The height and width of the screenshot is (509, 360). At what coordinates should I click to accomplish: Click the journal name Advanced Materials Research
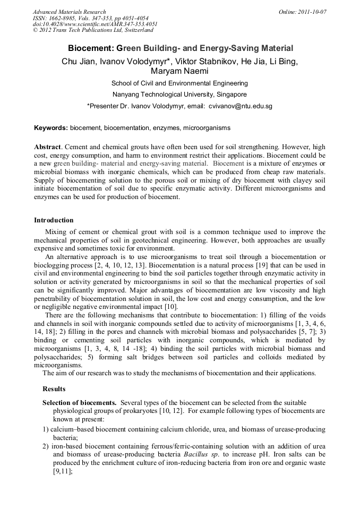pos(69,12)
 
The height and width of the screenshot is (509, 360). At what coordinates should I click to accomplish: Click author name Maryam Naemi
pos(179,71)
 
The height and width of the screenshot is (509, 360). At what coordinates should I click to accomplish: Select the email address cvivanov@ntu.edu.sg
pos(241,106)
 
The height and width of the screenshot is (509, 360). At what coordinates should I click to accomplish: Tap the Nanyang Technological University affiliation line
pos(179,94)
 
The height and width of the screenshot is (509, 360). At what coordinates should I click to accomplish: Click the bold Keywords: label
pos(51,128)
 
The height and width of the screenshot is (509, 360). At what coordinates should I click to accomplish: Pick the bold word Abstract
pos(47,146)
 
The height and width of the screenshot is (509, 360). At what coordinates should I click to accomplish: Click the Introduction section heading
pos(54,220)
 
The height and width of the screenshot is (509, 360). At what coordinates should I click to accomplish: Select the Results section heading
pos(54,389)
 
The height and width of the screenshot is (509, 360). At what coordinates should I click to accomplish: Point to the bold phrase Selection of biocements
pos(80,403)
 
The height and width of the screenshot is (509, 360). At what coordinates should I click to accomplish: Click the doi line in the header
pos(95,24)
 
